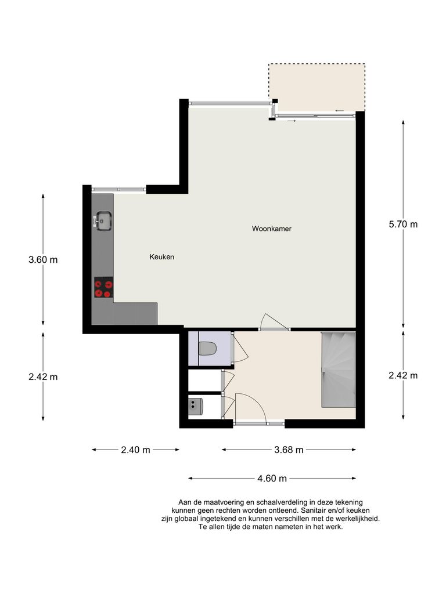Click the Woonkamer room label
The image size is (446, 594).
pos(271,229)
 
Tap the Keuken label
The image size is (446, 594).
pos(161,256)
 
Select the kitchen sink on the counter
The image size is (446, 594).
pos(103,220)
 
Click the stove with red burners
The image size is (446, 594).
pos(103,288)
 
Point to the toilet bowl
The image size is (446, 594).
pos(207,349)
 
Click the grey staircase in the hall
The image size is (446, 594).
pos(338,370)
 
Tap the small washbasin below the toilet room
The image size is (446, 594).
pos(196,405)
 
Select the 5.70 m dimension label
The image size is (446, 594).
pos(403,224)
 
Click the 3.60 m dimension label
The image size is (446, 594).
pos(43,259)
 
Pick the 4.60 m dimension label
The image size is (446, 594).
pos(272,479)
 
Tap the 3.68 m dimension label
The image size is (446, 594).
pos(289,450)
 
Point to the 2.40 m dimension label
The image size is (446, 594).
pos(135,450)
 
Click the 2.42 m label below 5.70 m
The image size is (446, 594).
pos(403,375)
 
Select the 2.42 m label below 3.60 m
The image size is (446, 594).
pos(43,376)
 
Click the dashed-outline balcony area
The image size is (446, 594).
pos(316,87)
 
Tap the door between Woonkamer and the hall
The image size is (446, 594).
pos(274,323)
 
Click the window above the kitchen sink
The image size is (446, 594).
pos(118,189)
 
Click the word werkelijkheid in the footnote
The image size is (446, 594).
pos(356,519)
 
